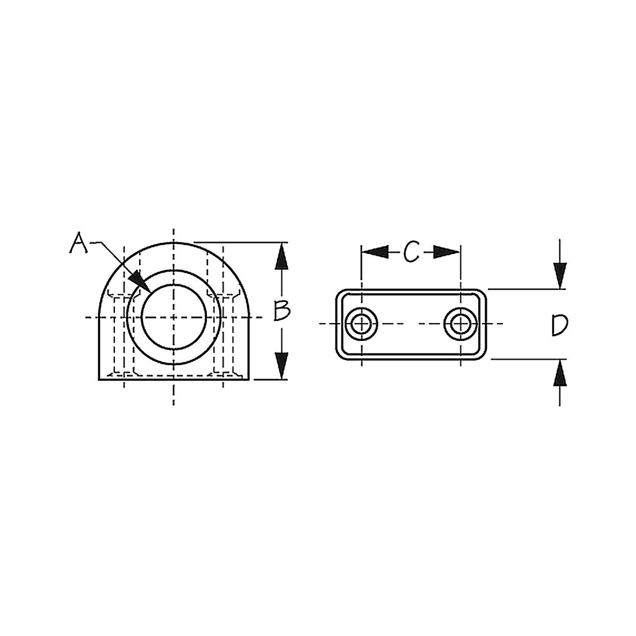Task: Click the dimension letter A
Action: pos(78,243)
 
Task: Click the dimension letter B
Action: pos(281,311)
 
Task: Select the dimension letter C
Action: pos(411,252)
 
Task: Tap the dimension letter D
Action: pos(560,325)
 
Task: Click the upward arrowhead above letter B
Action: pos(281,257)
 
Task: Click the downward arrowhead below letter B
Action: pos(281,366)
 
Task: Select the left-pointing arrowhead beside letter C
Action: pos(375,252)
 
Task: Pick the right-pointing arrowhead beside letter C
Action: pos(447,252)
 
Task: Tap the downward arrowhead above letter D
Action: pos(560,276)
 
